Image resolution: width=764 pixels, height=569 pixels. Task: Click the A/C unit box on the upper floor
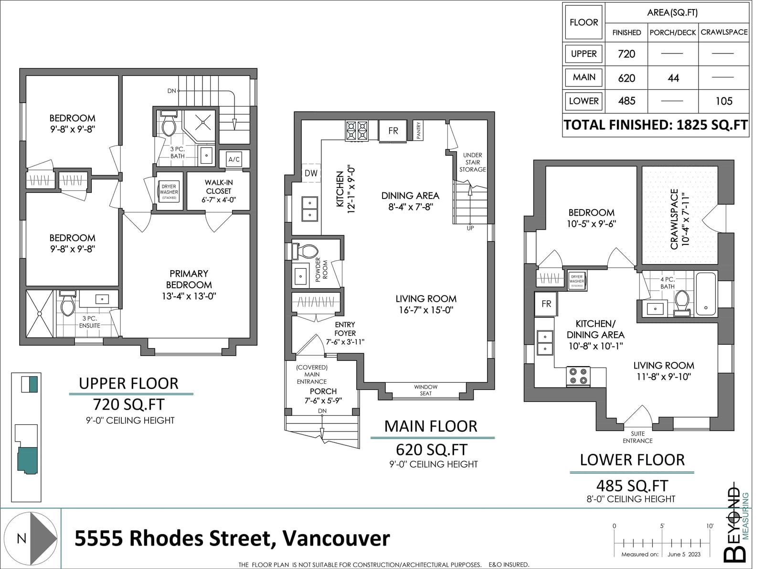(x=234, y=159)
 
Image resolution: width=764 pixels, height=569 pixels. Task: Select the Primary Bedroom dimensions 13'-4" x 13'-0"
(x=189, y=296)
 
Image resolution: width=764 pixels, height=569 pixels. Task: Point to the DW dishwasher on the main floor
(x=311, y=173)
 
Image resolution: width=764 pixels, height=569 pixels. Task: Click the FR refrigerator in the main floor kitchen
(x=393, y=131)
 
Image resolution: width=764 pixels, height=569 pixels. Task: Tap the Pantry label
(x=418, y=130)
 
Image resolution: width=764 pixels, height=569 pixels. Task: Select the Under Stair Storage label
(x=473, y=162)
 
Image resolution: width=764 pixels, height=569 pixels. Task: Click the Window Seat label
(x=426, y=390)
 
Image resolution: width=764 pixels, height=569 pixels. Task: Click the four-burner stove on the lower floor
(x=578, y=376)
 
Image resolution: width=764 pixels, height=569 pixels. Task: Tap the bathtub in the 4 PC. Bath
(x=706, y=294)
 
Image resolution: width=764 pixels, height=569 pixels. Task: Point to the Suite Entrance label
(x=637, y=437)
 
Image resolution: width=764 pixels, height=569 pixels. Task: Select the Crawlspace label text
(x=674, y=219)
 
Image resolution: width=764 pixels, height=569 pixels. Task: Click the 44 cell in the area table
(x=673, y=78)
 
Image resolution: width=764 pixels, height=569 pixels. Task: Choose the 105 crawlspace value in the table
(x=724, y=101)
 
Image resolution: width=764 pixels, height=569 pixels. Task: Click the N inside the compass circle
(x=21, y=538)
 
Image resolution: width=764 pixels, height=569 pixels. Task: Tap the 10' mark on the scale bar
(x=710, y=526)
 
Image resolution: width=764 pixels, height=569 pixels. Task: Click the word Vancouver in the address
(x=337, y=538)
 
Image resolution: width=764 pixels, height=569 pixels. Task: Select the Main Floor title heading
(x=431, y=426)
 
